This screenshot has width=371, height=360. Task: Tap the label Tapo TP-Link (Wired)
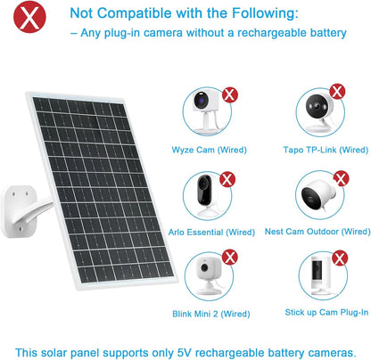[317, 150]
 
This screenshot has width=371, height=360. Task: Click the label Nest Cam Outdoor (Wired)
[316, 232]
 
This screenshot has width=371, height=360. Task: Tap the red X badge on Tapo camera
[338, 90]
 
